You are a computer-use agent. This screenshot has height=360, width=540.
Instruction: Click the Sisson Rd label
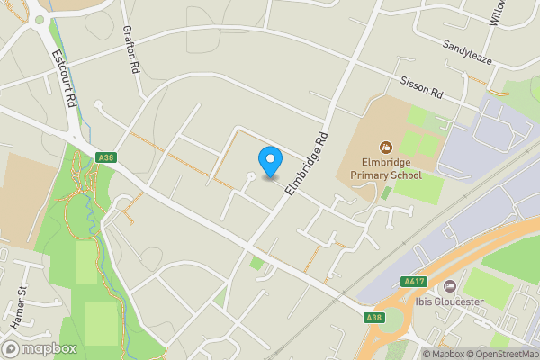pos(422,85)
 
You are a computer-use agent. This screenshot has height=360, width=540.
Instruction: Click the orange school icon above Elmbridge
pos(386,147)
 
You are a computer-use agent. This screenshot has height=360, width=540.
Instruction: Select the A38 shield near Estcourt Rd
pos(106,158)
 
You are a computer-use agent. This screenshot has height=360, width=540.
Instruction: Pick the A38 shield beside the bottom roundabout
pos(374,318)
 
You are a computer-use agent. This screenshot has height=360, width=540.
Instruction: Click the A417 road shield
pos(414,282)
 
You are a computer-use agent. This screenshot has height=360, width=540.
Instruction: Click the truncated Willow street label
pos(499,13)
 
